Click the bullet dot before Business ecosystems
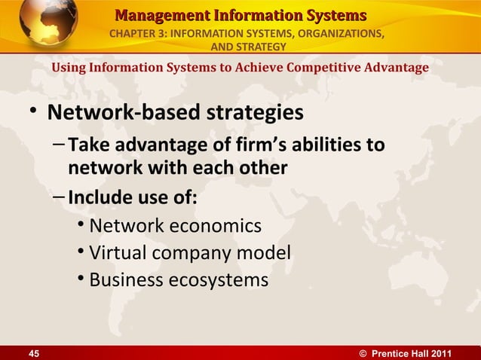click(x=81, y=280)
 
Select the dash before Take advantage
click(x=60, y=145)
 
